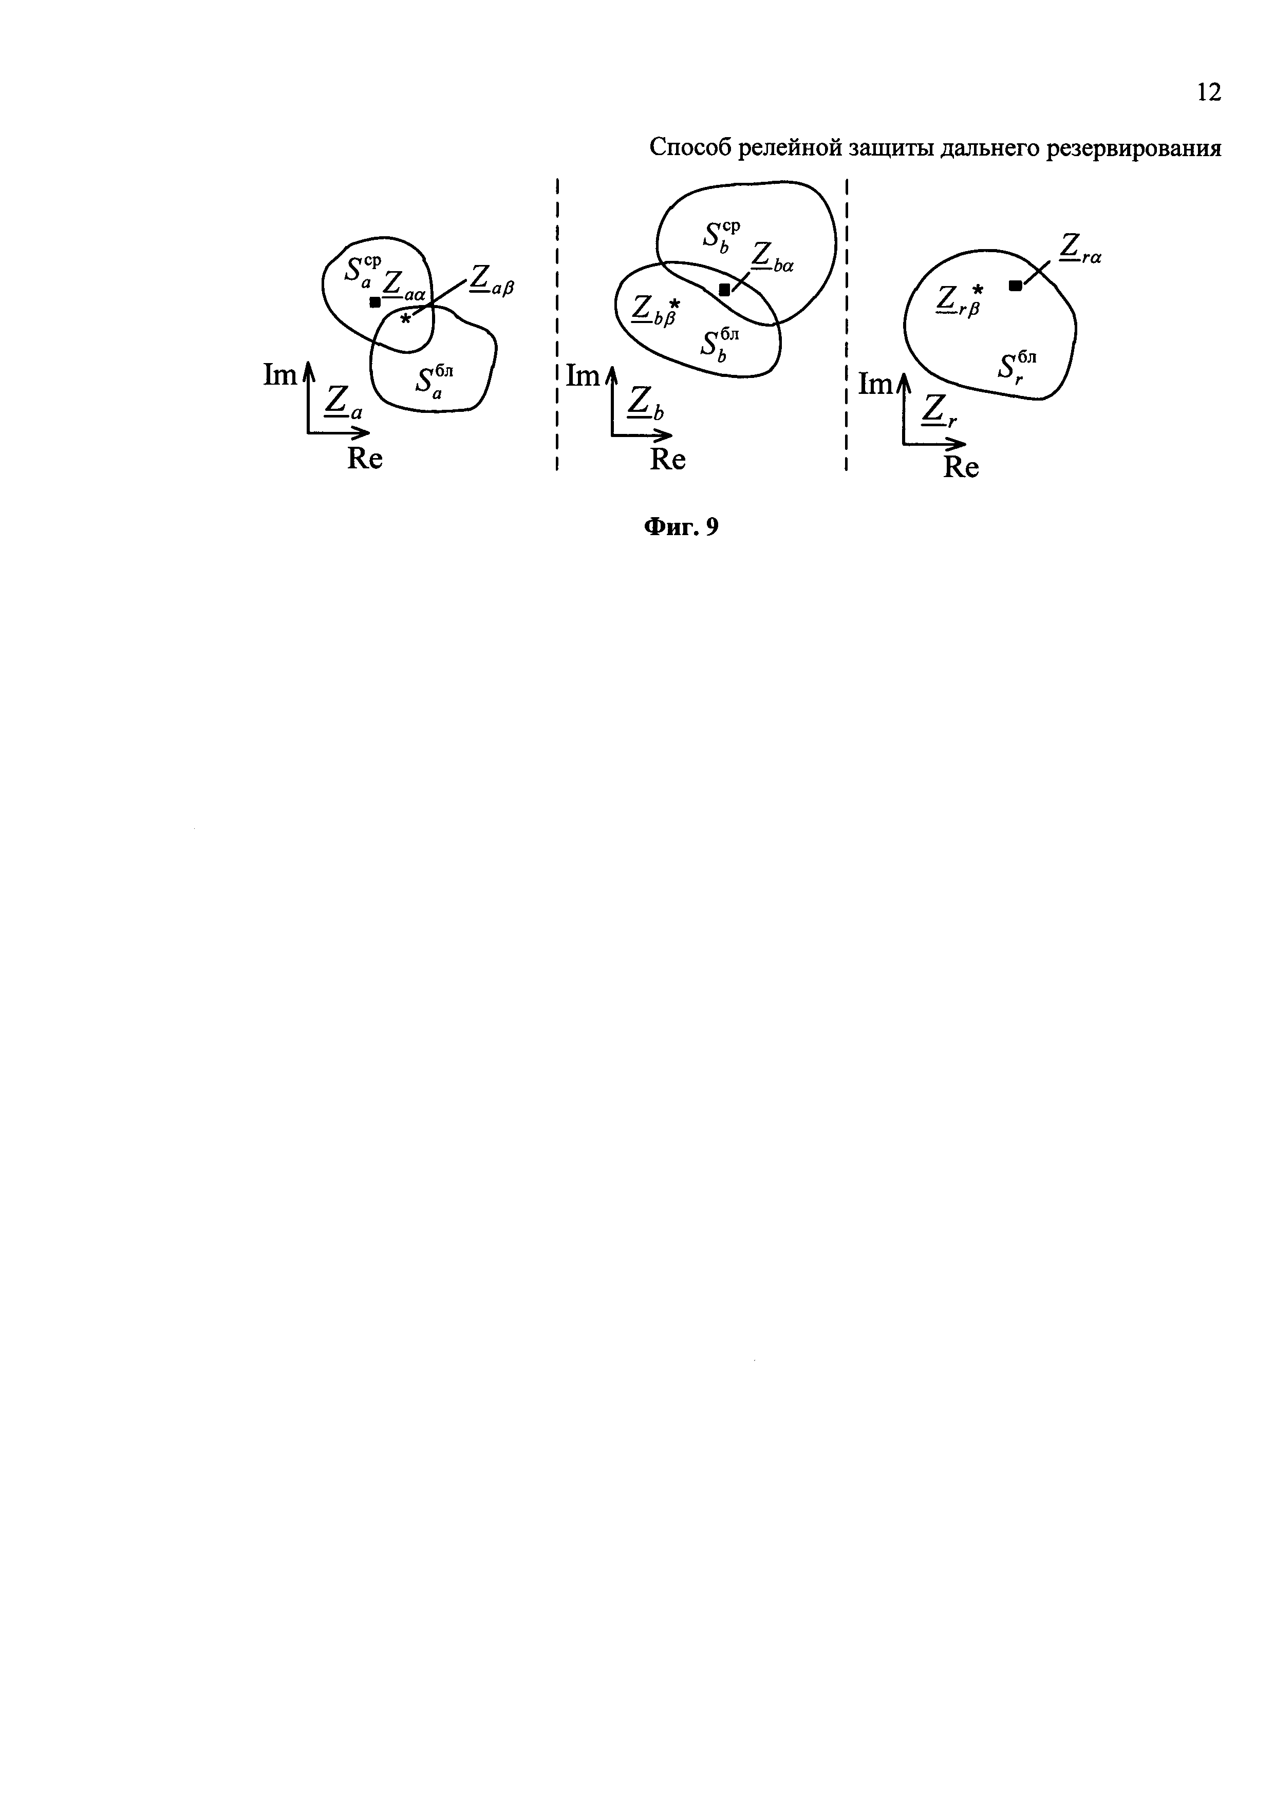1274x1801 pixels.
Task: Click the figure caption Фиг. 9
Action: [681, 527]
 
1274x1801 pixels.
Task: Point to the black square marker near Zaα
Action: [375, 302]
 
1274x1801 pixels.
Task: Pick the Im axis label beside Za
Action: [280, 376]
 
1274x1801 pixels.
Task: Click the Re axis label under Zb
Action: [668, 460]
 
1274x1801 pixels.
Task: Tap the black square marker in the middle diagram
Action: [724, 290]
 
